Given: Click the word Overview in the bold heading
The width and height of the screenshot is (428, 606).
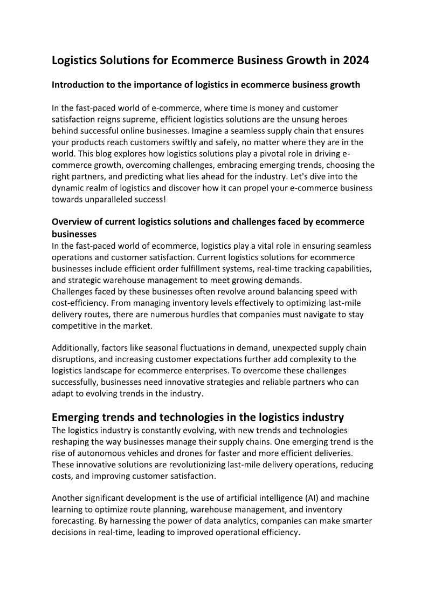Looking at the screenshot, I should (x=71, y=222).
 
